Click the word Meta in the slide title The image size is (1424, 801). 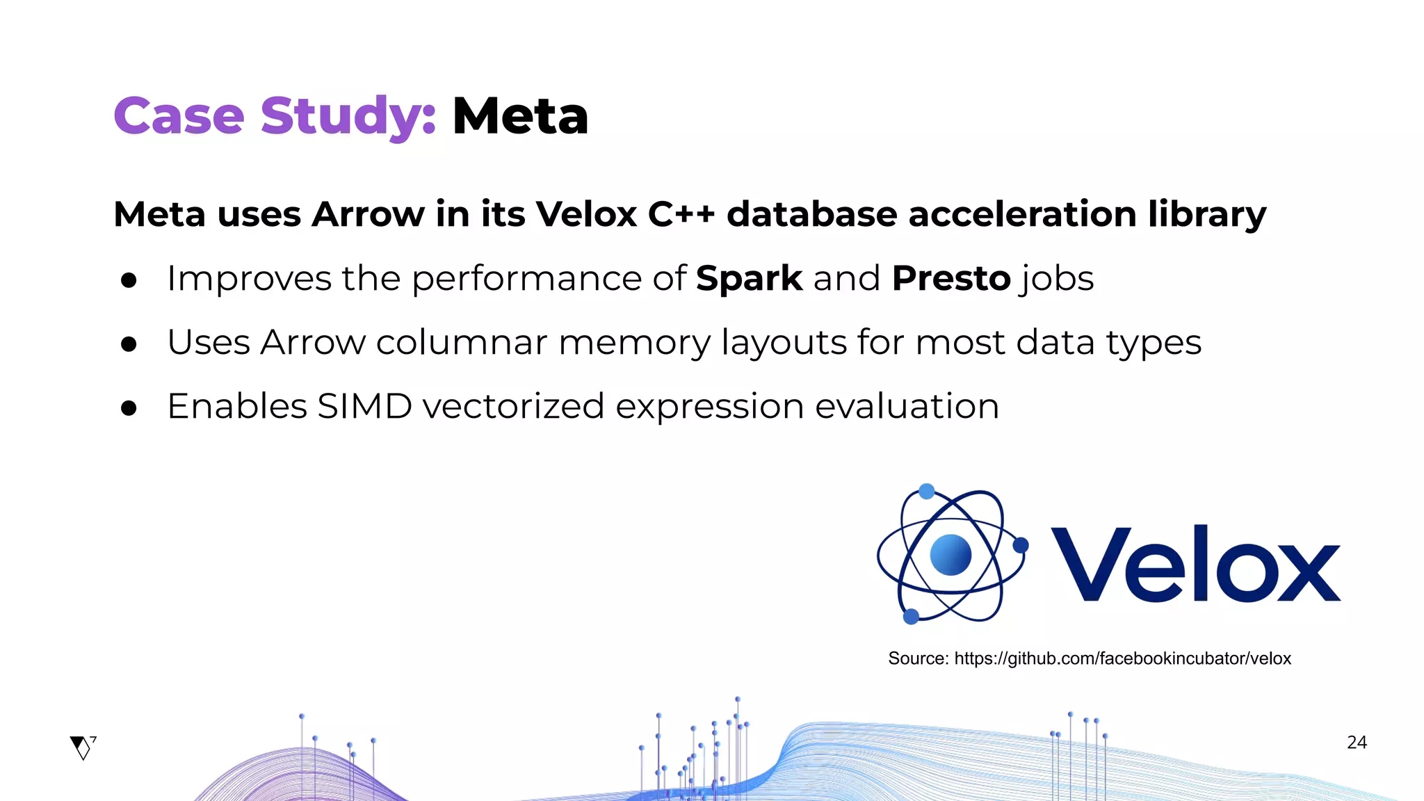[x=520, y=116]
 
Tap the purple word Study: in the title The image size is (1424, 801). [x=348, y=116]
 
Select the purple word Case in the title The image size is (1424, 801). [x=179, y=116]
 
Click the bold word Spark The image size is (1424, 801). [x=749, y=279]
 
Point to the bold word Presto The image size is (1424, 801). [x=950, y=279]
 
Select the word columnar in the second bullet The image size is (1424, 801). [x=462, y=342]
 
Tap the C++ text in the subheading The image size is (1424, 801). [x=681, y=213]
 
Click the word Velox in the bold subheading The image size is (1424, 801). [x=586, y=213]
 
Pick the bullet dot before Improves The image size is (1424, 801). [x=129, y=280]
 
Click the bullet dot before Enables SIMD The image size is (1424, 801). [x=129, y=408]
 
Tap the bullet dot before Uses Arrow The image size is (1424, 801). [x=129, y=344]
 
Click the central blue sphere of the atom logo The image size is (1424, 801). [x=950, y=555]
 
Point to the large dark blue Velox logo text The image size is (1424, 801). [x=1195, y=565]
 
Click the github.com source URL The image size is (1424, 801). [x=1122, y=658]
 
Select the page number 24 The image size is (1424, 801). [x=1357, y=743]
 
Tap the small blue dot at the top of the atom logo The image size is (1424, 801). [x=926, y=492]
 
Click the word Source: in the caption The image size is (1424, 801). [x=918, y=658]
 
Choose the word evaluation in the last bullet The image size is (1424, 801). [x=907, y=406]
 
